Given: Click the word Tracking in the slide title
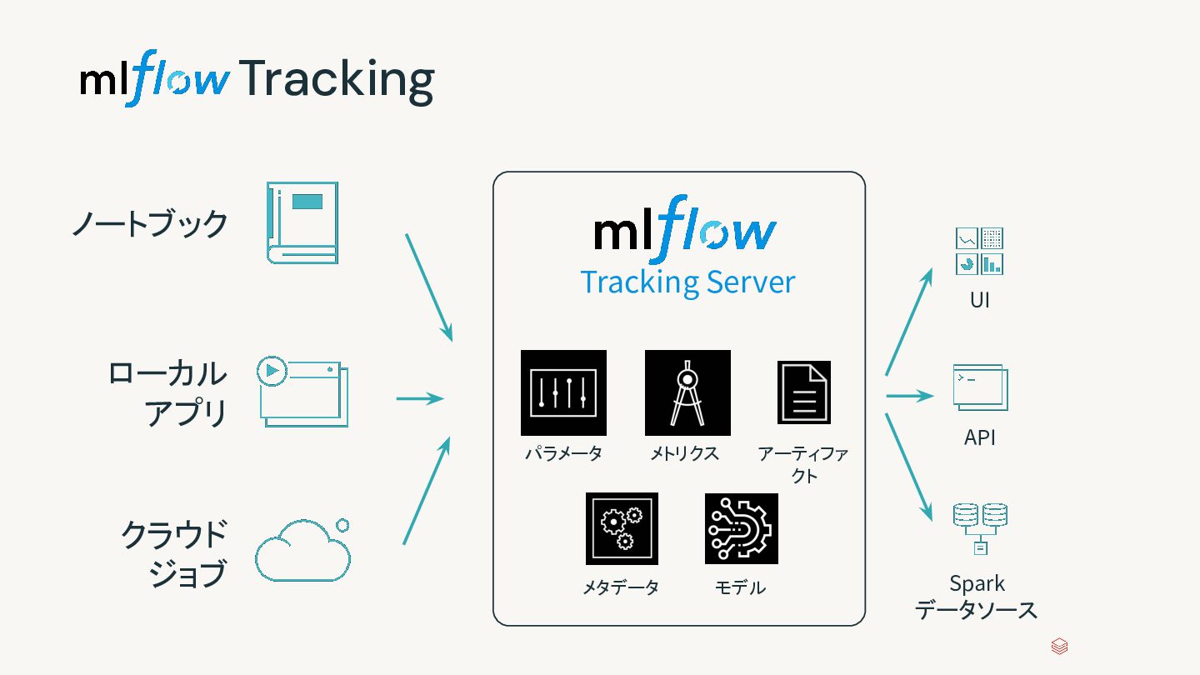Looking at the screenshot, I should tap(337, 81).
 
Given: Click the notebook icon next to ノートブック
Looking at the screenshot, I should tap(302, 223).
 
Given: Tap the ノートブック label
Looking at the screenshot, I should tap(150, 224).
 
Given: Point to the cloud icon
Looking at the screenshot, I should tap(302, 550).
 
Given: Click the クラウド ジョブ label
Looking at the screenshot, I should tap(174, 553).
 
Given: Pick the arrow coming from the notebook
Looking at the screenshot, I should tap(428, 287).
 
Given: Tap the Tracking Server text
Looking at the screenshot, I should tap(687, 282).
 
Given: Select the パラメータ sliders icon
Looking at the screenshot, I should tap(563, 392).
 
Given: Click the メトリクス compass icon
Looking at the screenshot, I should tap(687, 392).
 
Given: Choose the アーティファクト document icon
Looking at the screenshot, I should tap(804, 392).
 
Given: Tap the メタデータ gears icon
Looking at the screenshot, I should tap(622, 528).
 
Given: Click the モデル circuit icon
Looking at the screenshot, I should tap(741, 528).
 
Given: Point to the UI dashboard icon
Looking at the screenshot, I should tap(979, 251).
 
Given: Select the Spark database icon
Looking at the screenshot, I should tap(980, 528).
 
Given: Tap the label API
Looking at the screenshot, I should tap(980, 437).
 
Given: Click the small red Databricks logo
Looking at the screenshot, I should tap(1059, 647).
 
